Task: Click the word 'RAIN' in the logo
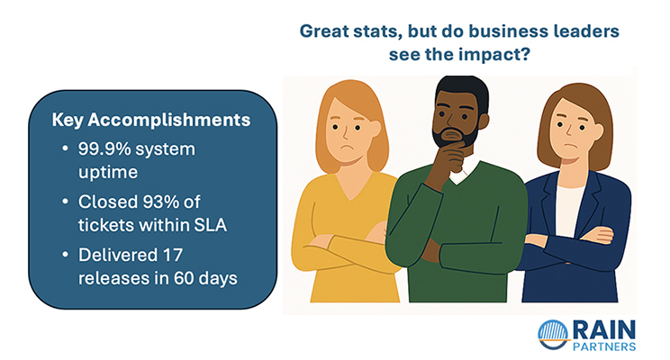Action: click(x=604, y=328)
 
